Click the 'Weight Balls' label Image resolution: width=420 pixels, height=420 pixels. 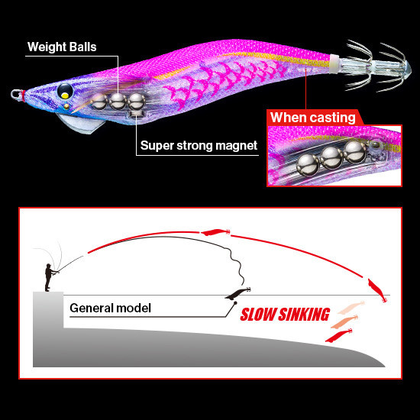pyautogui.click(x=62, y=47)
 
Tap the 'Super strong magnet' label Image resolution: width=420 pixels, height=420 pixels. pyautogui.click(x=199, y=145)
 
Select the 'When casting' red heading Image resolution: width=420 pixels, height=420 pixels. pyautogui.click(x=313, y=118)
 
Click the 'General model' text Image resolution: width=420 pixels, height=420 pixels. pyautogui.click(x=111, y=308)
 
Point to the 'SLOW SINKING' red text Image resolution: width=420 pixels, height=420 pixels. pyautogui.click(x=285, y=315)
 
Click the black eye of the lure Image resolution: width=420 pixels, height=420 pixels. pyautogui.click(x=65, y=91)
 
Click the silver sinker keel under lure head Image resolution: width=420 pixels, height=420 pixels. pyautogui.click(x=80, y=123)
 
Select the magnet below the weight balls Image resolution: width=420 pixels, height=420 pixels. pyautogui.click(x=136, y=114)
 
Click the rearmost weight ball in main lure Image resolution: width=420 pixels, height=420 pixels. pyautogui.click(x=137, y=102)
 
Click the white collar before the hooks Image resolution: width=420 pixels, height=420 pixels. pyautogui.click(x=334, y=63)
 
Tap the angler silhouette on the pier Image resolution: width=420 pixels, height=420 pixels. pyautogui.click(x=50, y=277)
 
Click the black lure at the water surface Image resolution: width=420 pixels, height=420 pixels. pyautogui.click(x=237, y=293)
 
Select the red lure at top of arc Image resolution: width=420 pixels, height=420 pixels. pyautogui.click(x=215, y=232)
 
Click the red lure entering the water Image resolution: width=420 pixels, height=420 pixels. pyautogui.click(x=377, y=291)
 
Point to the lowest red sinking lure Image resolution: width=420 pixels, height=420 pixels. pyautogui.click(x=338, y=335)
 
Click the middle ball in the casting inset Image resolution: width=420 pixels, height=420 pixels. pyautogui.click(x=331, y=158)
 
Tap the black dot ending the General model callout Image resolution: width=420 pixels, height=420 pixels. pyautogui.click(x=235, y=303)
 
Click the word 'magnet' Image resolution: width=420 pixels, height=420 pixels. pyautogui.click(x=236, y=146)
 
